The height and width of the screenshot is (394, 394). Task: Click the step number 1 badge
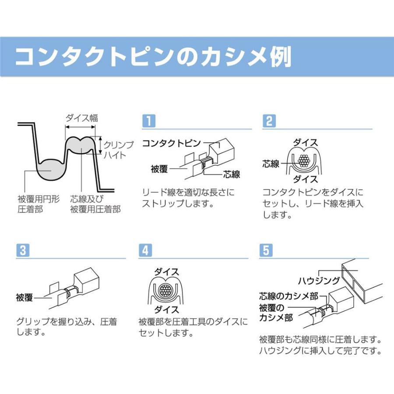[x=149, y=121]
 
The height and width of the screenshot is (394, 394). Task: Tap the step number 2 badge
[x=269, y=121]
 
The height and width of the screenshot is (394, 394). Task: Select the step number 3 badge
[x=23, y=250]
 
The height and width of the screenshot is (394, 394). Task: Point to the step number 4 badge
[x=145, y=250]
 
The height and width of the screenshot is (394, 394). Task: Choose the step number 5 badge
[x=266, y=250]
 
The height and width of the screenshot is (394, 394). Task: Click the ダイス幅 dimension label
[x=81, y=118]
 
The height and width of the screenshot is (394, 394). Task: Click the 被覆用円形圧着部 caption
[x=39, y=204]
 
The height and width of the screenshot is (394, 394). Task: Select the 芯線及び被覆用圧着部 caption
[x=95, y=204]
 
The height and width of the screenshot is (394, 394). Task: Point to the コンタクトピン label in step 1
[x=172, y=143]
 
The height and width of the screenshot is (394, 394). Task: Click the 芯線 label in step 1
[x=232, y=174]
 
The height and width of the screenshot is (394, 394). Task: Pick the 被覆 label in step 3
[x=25, y=298]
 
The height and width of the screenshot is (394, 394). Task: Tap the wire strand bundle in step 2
[x=304, y=160]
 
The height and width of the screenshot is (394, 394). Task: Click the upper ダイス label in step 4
[x=166, y=271]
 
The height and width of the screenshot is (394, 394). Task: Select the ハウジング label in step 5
[x=319, y=281]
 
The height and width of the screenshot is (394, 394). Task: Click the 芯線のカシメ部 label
[x=289, y=296]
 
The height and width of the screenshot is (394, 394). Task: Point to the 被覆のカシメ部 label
[x=276, y=313]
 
